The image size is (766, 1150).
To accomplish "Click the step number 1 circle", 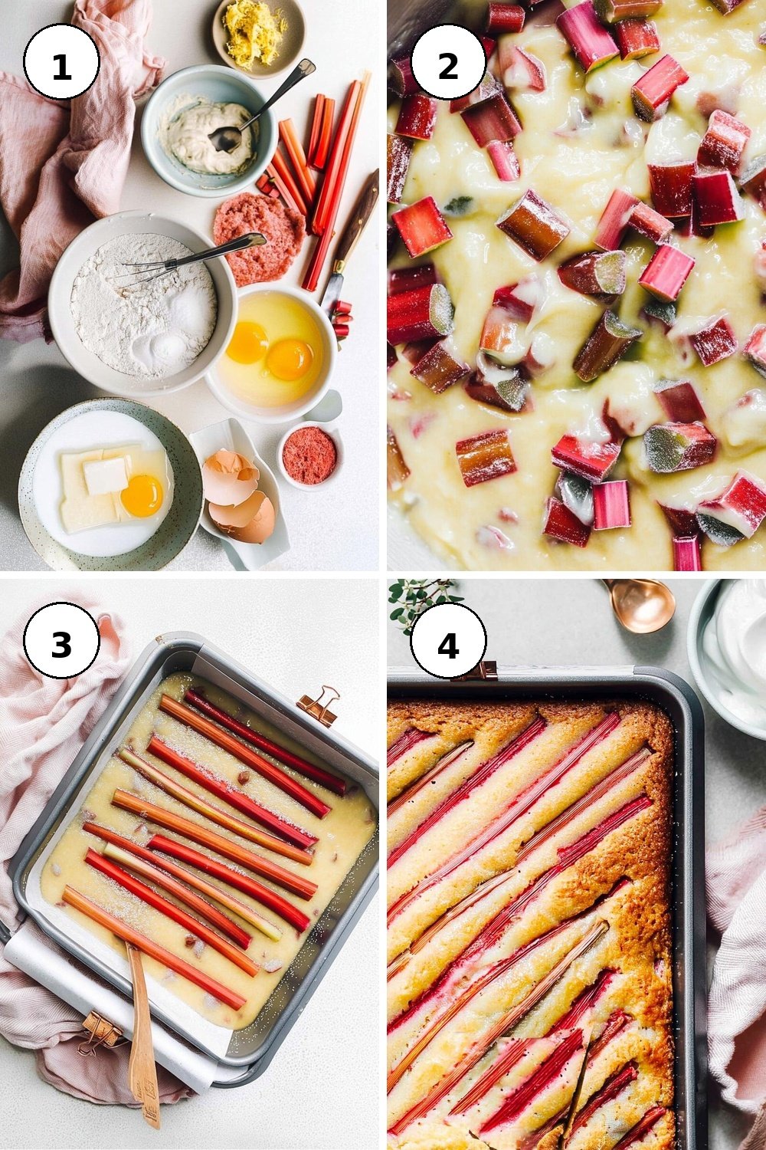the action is [x=61, y=61].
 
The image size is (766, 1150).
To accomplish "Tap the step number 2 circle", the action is [x=448, y=61].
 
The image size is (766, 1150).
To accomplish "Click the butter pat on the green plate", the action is [x=105, y=475].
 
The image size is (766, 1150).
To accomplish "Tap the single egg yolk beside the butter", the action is [x=142, y=495].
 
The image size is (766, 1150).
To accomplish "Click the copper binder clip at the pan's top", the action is [x=318, y=705].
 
